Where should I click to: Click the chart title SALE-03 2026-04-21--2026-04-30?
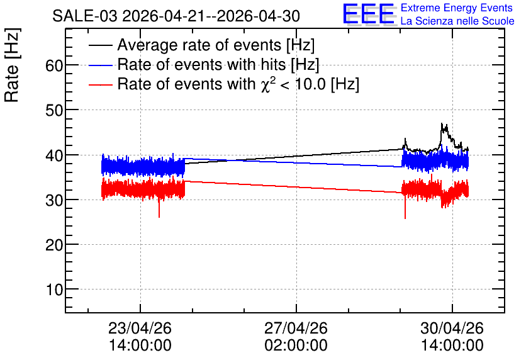(x=176, y=16)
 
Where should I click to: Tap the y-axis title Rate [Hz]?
(x=12, y=65)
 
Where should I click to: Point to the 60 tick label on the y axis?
(x=54, y=65)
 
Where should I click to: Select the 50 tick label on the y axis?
(x=54, y=110)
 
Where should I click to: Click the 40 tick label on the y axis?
(x=54, y=155)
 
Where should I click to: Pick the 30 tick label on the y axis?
(x=54, y=200)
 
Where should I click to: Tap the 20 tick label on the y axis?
(x=54, y=245)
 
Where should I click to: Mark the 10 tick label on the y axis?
(x=54, y=290)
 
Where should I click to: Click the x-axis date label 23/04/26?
(x=140, y=328)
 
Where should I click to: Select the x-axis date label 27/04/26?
(x=296, y=328)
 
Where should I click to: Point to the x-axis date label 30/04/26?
(x=452, y=328)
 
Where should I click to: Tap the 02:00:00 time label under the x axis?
(x=296, y=346)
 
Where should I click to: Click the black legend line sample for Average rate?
(x=100, y=45)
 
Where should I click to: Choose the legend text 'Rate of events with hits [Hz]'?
(x=218, y=65)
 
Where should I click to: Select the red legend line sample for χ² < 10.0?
(x=100, y=84)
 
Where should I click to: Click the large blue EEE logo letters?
(x=369, y=14)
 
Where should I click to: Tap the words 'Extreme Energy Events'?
(x=457, y=8)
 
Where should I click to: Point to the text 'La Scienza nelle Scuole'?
(x=457, y=21)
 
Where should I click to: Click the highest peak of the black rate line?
(x=442, y=123)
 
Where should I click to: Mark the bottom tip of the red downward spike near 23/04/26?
(x=159, y=217)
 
